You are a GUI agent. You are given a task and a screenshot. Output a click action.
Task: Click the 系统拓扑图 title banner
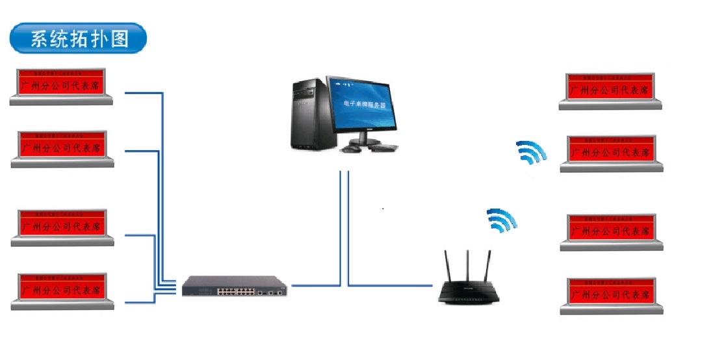tap(79, 39)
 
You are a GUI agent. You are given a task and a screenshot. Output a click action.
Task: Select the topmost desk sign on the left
tap(62, 86)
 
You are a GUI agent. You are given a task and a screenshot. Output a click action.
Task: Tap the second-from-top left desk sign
tap(62, 149)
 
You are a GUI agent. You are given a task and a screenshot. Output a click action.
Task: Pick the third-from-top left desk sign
tap(62, 227)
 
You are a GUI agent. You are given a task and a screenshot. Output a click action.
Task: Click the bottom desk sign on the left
tap(62, 290)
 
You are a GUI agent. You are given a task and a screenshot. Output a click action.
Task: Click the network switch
tap(235, 285)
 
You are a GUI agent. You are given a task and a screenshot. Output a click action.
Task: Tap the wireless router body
tap(469, 294)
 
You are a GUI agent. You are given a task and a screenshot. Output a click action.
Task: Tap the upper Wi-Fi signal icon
tap(531, 153)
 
